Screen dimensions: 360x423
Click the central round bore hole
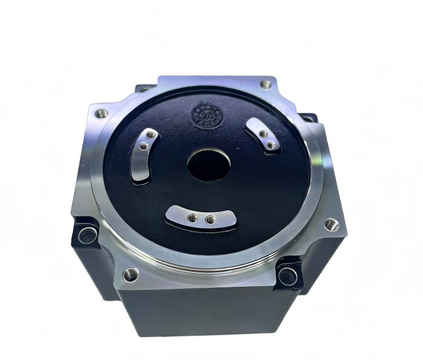point(209,164)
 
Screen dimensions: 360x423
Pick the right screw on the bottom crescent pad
point(210,219)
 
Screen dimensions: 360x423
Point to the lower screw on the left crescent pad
point(144,147)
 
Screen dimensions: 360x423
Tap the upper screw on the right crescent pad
point(263,134)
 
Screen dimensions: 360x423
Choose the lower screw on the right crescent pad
point(271,145)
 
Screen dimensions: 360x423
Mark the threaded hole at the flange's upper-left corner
point(102,113)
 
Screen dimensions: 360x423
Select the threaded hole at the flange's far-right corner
point(331,224)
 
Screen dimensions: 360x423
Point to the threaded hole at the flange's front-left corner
point(131,275)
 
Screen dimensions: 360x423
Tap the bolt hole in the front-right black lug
point(288,276)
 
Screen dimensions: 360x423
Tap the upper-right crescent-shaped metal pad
point(263,136)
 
